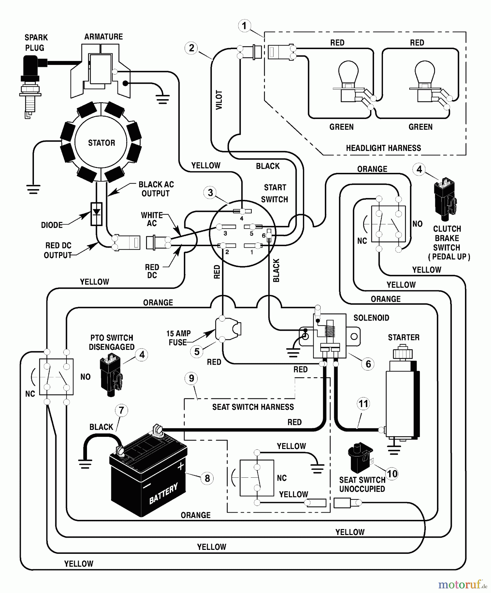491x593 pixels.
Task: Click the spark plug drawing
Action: pyautogui.click(x=31, y=86)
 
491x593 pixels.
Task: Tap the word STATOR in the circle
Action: pyautogui.click(x=101, y=143)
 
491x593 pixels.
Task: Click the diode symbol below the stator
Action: pyautogui.click(x=96, y=213)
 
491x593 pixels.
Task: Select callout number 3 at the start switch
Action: pyautogui.click(x=210, y=193)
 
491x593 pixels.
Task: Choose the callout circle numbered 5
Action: pyautogui.click(x=197, y=352)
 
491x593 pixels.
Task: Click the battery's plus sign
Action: pyautogui.click(x=181, y=466)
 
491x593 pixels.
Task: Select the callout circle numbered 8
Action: pyautogui.click(x=207, y=478)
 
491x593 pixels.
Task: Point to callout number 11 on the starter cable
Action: pyautogui.click(x=363, y=404)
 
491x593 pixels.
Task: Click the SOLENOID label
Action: pyautogui.click(x=371, y=318)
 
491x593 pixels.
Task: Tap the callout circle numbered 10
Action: pyautogui.click(x=392, y=474)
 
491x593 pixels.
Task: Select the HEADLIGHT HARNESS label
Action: pyautogui.click(x=383, y=148)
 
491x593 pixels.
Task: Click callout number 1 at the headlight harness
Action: pyautogui.click(x=244, y=26)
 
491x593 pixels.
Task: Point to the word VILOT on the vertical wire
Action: pyautogui.click(x=219, y=100)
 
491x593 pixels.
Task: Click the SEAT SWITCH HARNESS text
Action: pyautogui.click(x=253, y=407)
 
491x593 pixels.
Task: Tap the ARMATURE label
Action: pyautogui.click(x=103, y=37)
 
